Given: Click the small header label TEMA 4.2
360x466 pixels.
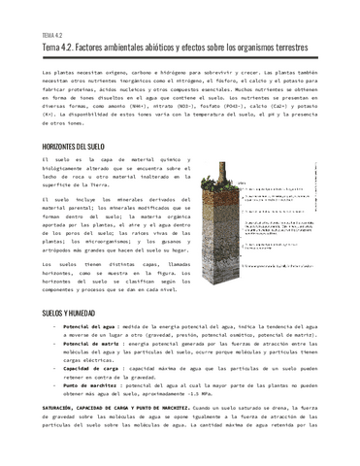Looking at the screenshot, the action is (52, 34).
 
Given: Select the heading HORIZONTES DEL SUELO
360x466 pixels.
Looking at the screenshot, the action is (79, 145).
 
